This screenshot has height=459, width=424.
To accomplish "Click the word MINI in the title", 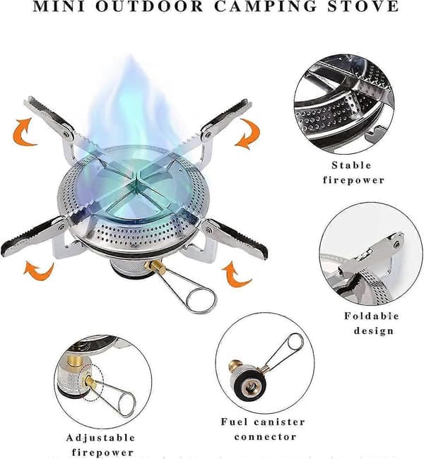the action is click(x=59, y=6).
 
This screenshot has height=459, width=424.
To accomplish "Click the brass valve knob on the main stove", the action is click(x=155, y=266).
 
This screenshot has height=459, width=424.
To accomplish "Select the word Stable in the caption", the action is click(x=352, y=165).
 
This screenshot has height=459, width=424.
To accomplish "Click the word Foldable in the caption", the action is click(x=372, y=316).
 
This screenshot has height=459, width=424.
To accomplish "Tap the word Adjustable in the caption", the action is click(x=100, y=438).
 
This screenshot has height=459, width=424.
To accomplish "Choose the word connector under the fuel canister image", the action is click(x=265, y=437).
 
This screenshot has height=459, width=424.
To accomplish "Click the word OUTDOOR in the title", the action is click(x=150, y=6).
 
